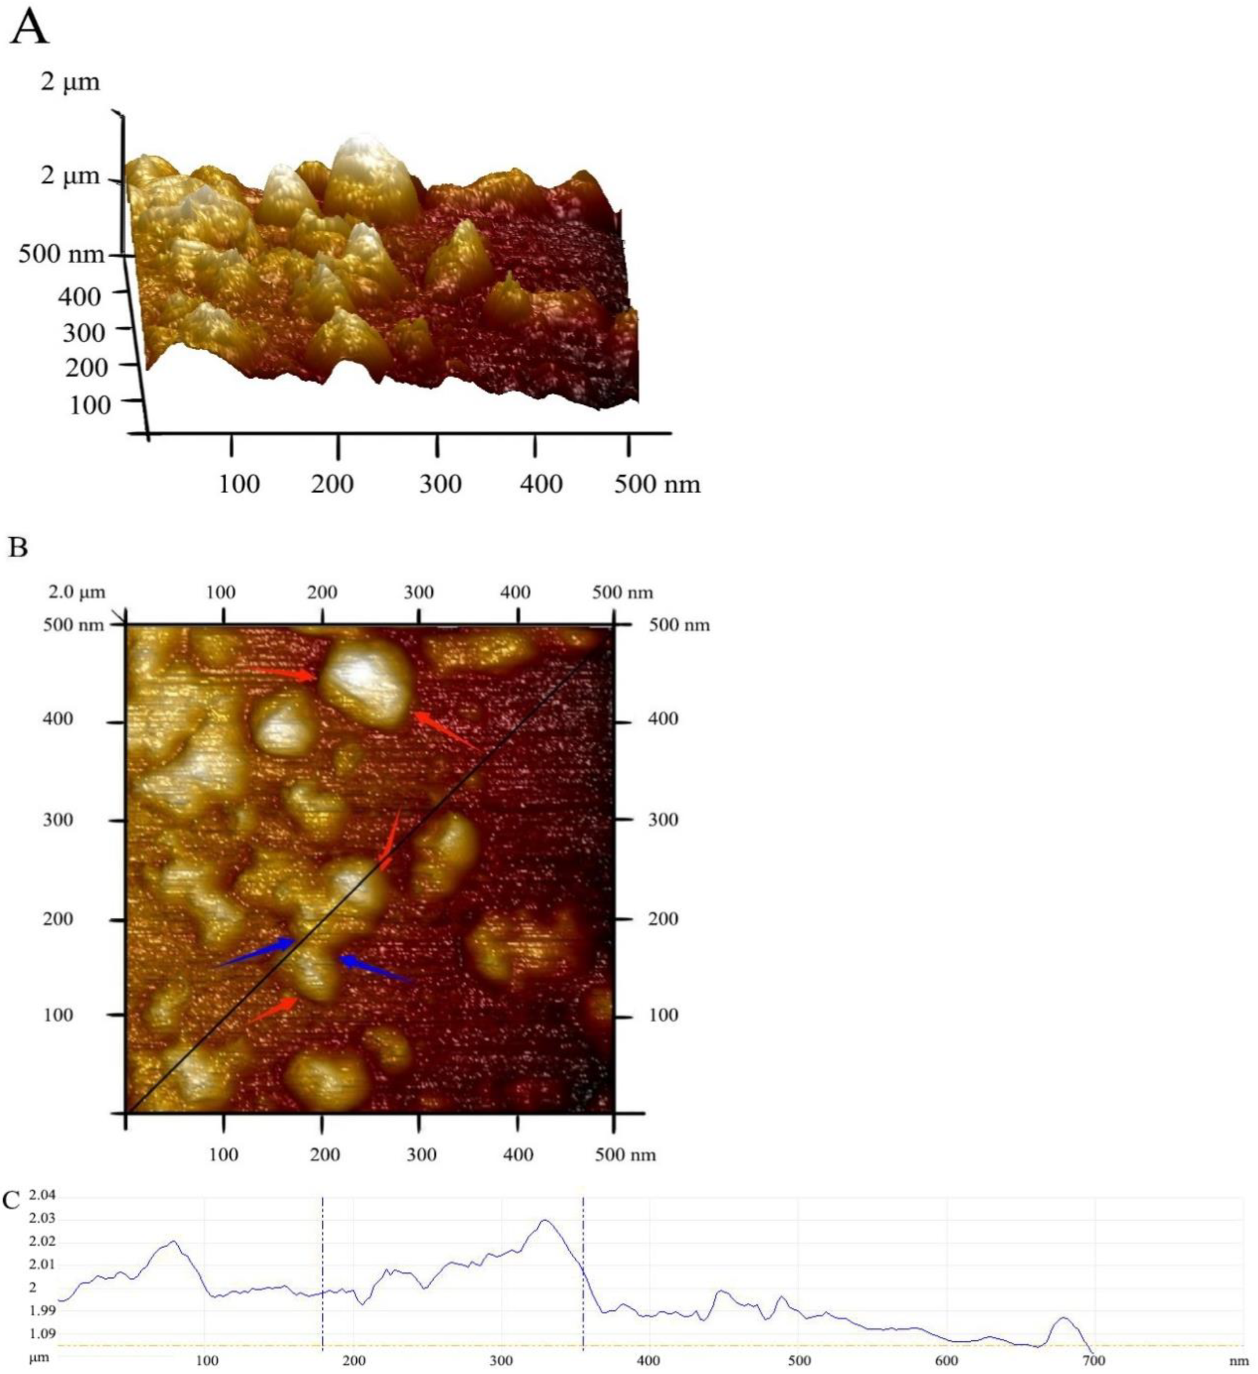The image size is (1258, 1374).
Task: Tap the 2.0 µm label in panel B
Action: tap(77, 592)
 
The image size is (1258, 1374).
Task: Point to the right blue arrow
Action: tap(375, 969)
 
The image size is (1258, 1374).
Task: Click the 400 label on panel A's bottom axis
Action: tap(541, 484)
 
